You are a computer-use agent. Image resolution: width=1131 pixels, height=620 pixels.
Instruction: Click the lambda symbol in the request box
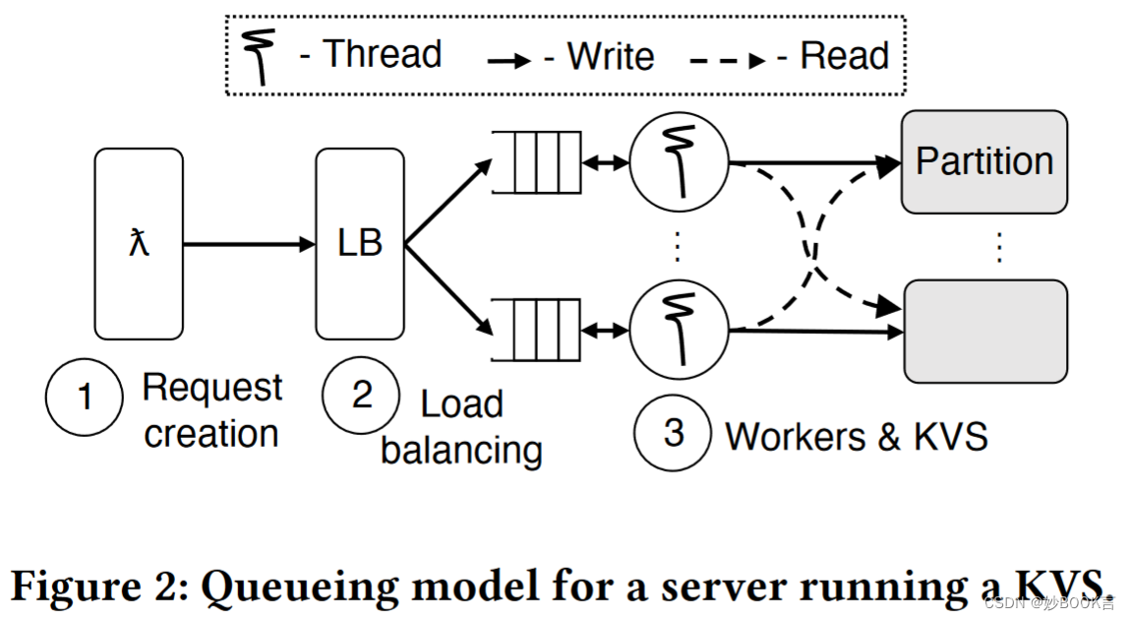pyautogui.click(x=139, y=243)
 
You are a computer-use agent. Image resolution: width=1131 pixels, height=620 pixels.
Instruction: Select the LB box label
pyautogui.click(x=359, y=242)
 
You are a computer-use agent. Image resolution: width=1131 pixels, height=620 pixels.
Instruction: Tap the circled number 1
pyautogui.click(x=85, y=397)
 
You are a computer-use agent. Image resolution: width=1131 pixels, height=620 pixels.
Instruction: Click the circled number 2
pyautogui.click(x=362, y=395)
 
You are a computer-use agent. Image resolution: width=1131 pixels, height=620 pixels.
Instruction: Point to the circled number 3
pyautogui.click(x=673, y=432)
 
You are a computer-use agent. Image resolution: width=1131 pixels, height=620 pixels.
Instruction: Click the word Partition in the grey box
pyautogui.click(x=984, y=161)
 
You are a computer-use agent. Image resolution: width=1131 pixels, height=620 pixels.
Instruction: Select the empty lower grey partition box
pyautogui.click(x=984, y=331)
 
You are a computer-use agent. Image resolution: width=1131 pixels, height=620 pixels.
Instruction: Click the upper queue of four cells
pyautogui.click(x=535, y=162)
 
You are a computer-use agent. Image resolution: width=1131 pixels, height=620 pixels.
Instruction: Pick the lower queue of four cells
pyautogui.click(x=535, y=331)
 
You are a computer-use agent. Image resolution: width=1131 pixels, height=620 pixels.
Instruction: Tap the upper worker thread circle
pyautogui.click(x=679, y=161)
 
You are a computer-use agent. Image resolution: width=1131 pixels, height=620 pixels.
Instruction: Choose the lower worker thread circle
pyautogui.click(x=679, y=328)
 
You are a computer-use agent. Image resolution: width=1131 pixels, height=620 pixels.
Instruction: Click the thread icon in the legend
pyautogui.click(x=261, y=56)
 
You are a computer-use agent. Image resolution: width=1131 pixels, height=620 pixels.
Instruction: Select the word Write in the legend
pyautogui.click(x=610, y=57)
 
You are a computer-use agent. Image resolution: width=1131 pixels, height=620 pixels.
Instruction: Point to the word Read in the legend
pyautogui.click(x=844, y=56)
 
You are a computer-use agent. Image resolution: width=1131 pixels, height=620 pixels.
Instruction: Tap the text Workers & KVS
pyautogui.click(x=856, y=436)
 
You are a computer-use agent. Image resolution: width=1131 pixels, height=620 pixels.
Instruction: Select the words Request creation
pyautogui.click(x=211, y=410)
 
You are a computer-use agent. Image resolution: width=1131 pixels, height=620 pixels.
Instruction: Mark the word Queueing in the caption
pyautogui.click(x=298, y=588)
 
